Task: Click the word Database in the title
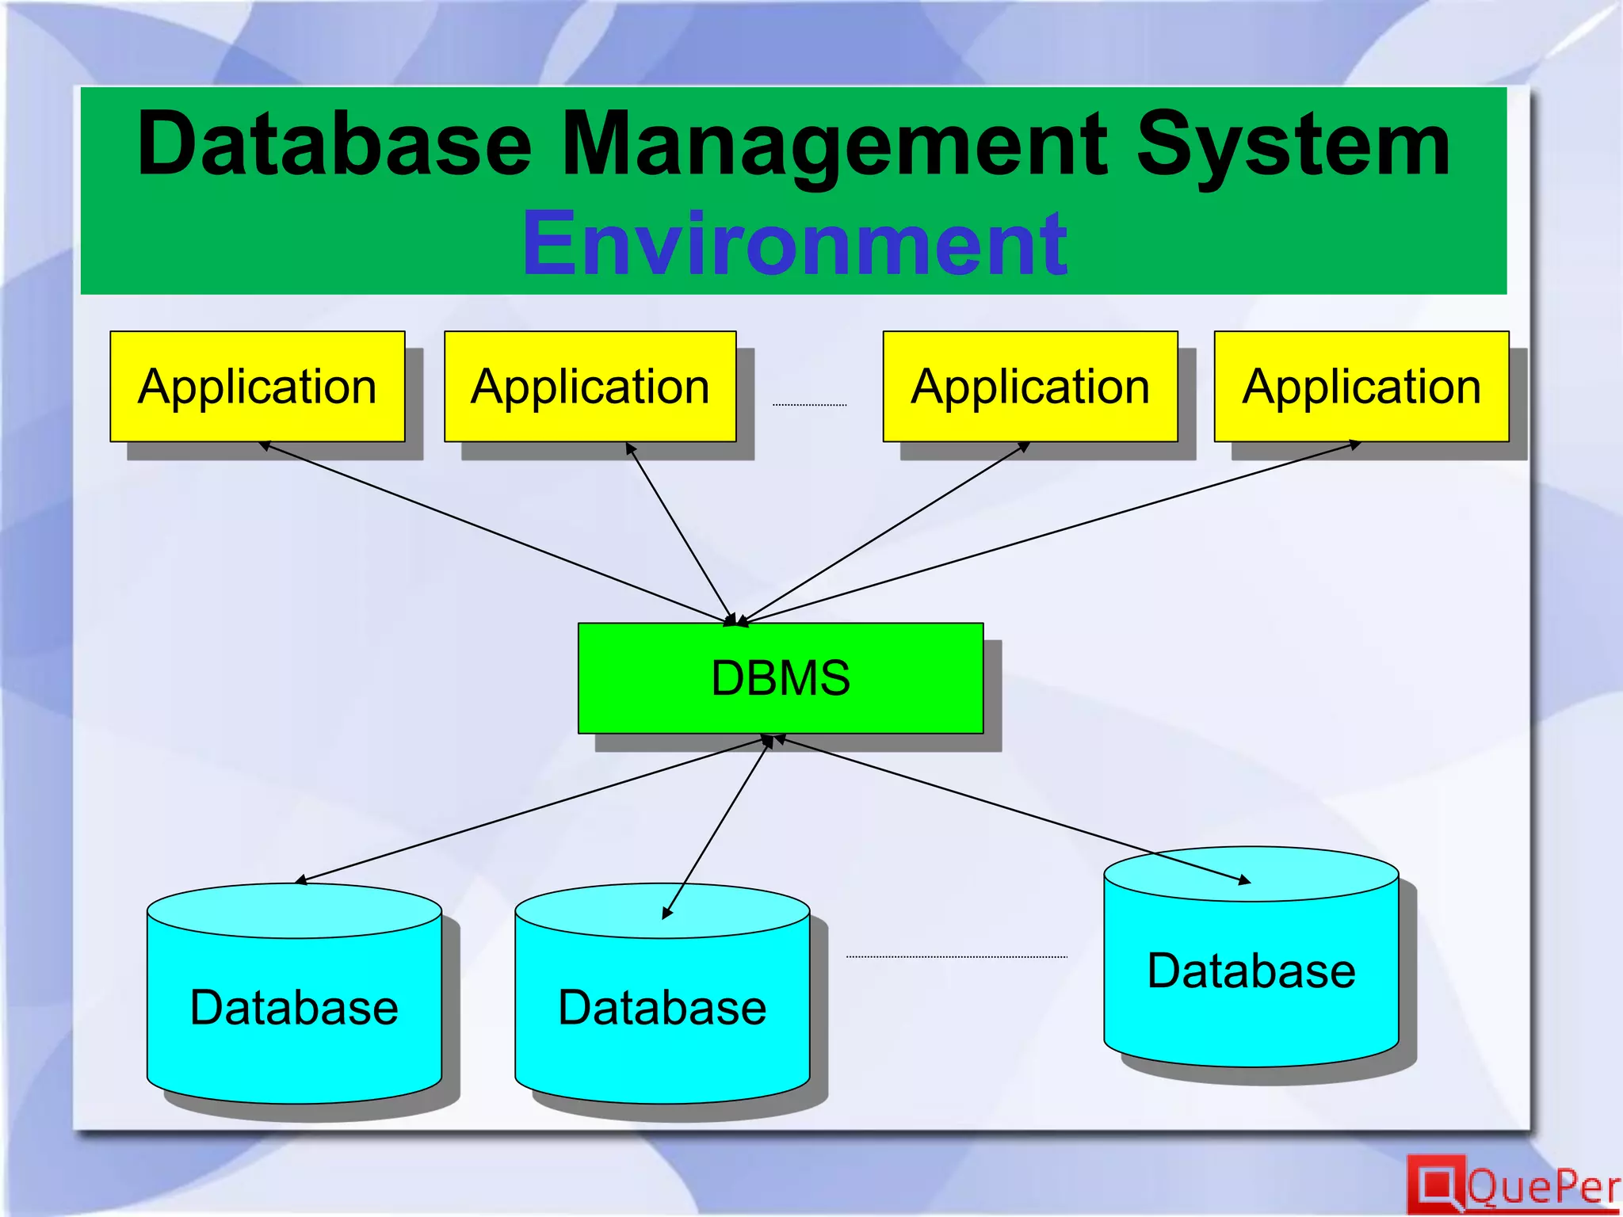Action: click(x=334, y=145)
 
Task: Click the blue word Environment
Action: click(x=795, y=243)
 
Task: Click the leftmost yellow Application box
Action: click(x=258, y=387)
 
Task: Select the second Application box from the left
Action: click(x=590, y=387)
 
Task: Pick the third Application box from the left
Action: click(x=1030, y=387)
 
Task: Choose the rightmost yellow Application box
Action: click(x=1361, y=387)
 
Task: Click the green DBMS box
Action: click(x=781, y=678)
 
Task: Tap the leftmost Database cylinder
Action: click(x=294, y=1006)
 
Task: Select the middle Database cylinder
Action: click(x=663, y=1006)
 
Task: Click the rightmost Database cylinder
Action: click(x=1251, y=970)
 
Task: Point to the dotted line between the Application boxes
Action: click(x=809, y=405)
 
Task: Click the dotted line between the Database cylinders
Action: click(x=957, y=957)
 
